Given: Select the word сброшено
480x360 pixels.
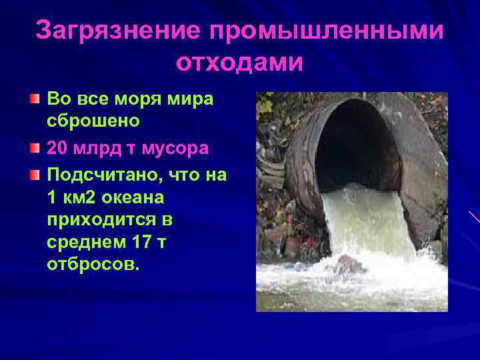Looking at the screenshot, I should [x=93, y=122].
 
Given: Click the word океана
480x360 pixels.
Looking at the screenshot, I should [x=137, y=198].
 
